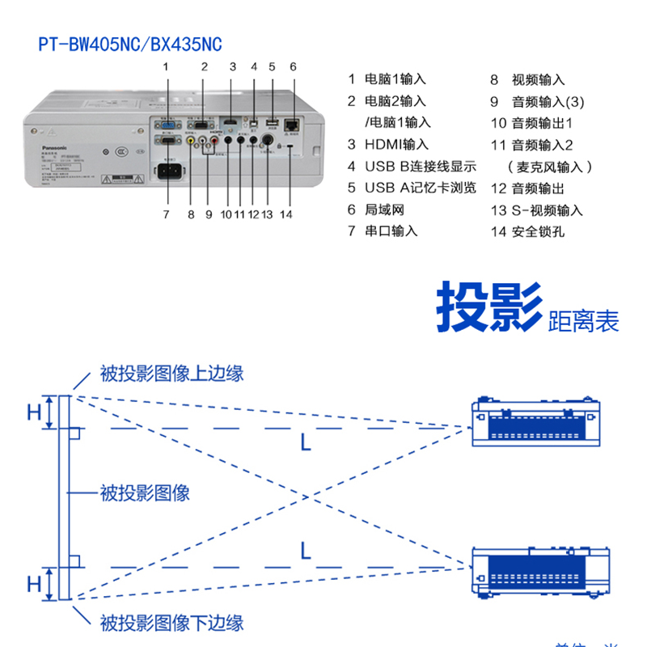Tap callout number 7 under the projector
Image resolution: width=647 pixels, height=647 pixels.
(x=166, y=214)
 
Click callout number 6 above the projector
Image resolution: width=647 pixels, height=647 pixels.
(x=293, y=67)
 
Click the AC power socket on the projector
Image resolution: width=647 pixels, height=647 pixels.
(x=169, y=172)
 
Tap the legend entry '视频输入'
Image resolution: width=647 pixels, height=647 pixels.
(x=538, y=80)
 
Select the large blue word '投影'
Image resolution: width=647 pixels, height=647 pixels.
(x=488, y=308)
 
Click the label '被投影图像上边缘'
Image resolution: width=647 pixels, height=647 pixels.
(x=171, y=373)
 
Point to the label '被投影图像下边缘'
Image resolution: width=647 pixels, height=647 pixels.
(x=171, y=623)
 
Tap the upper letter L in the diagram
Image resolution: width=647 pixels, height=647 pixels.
(x=305, y=442)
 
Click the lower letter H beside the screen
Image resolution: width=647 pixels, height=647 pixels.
(x=33, y=584)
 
